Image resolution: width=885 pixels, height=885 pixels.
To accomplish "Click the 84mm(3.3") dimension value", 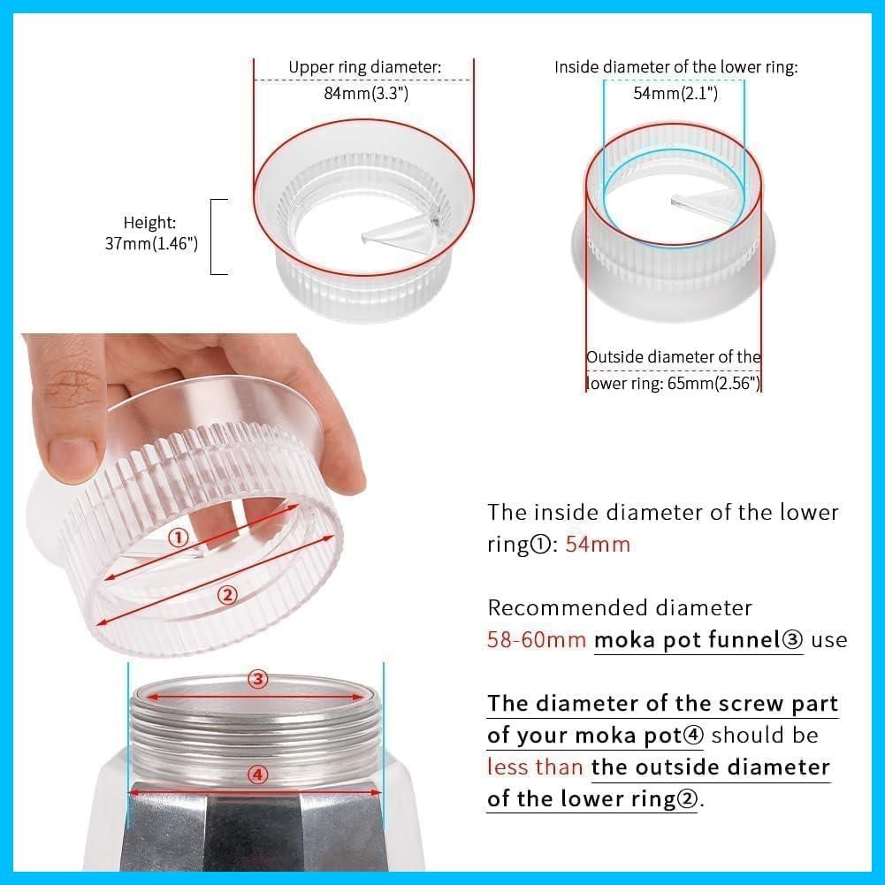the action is pos(366,93).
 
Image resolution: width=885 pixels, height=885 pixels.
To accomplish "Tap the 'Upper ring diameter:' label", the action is pos(364,67).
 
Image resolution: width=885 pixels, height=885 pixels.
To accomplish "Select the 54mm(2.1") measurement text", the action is pos(675,93).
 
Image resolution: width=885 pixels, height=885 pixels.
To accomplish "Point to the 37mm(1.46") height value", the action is pos(151,244).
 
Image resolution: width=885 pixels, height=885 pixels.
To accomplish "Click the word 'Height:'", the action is pos(149,223).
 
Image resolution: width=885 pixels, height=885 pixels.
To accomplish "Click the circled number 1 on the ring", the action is pos(179,538).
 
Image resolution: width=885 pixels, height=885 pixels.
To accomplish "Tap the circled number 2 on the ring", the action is pos(227,594).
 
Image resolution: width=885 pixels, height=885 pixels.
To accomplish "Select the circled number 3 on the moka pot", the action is pos(258,679).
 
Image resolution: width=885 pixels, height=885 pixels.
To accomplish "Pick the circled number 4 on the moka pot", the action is pos(257,775).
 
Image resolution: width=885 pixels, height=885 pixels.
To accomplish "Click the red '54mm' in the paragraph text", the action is pos(597,545).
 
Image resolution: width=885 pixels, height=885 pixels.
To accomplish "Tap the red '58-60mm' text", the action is pos(536,640).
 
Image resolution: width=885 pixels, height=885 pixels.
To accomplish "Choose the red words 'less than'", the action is pos(535,767).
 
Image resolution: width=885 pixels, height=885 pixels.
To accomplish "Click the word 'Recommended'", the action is pos(561,608).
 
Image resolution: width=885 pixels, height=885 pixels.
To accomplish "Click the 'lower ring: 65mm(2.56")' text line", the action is pos(674,383).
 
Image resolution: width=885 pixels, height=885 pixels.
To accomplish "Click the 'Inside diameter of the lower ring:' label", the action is pos(676,67).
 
